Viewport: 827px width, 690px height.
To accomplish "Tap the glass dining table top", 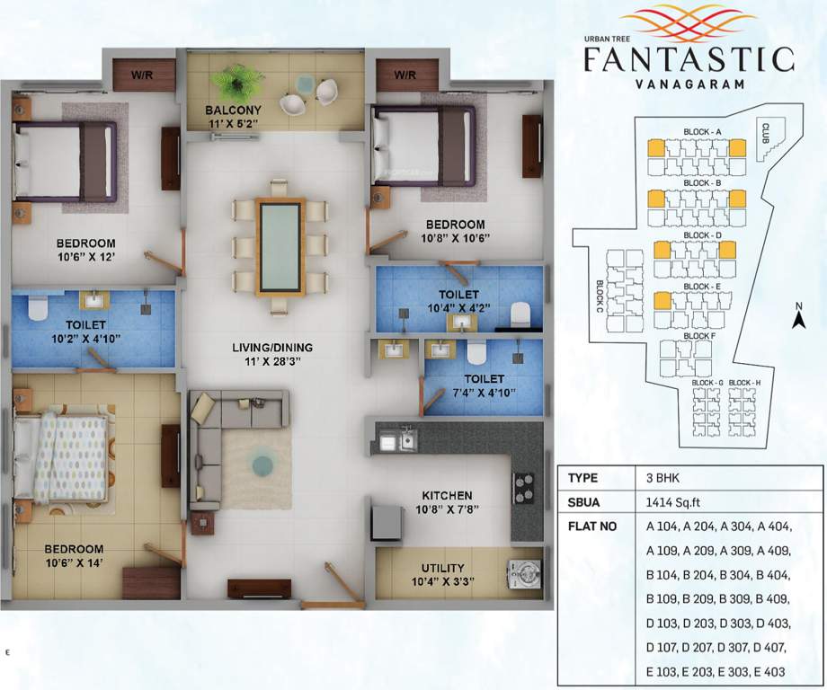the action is point(280,247).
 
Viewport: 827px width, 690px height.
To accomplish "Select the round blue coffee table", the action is point(262,464).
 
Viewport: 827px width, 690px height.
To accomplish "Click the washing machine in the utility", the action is point(524,573).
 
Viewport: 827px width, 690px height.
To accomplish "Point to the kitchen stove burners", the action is point(524,488).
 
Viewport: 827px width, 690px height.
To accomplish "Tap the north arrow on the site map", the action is point(798,316).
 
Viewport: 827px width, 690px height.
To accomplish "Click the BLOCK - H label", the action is point(744,382).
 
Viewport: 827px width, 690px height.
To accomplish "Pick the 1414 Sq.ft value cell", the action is point(673,502).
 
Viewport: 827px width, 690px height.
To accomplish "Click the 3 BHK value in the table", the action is point(663,478).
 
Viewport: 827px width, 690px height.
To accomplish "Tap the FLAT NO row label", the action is point(592,526).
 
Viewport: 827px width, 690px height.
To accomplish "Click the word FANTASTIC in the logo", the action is point(689,59).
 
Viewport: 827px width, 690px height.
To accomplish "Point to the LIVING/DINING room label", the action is point(272,348).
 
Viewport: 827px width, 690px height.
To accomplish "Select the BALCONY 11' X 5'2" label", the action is point(233,117).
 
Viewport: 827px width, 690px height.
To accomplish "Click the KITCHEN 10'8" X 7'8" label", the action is point(447,502).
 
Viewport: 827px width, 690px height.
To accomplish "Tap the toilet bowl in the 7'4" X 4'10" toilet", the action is point(476,352).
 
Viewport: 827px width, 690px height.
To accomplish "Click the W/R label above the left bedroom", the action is point(142,75).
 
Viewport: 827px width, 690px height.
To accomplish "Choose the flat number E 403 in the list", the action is point(769,671).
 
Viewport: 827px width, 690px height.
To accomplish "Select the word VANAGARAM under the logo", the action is point(689,84).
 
